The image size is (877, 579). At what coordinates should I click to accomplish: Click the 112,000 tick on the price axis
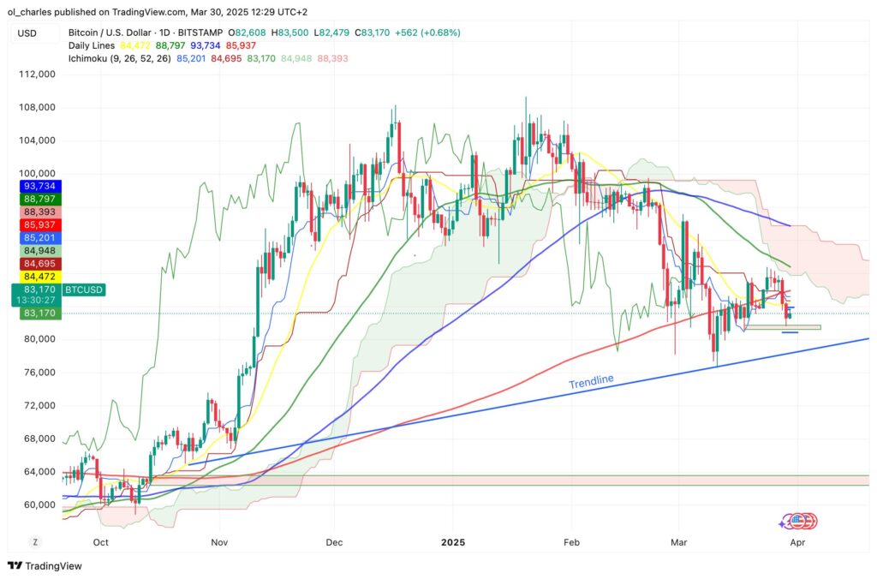click(39, 75)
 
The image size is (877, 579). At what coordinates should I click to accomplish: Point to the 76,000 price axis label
click(39, 373)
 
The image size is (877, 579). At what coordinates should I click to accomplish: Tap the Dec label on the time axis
click(336, 542)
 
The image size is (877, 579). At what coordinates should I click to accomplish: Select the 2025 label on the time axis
click(453, 542)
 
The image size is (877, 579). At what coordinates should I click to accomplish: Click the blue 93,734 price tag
click(39, 186)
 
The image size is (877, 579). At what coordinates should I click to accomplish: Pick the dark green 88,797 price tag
click(39, 199)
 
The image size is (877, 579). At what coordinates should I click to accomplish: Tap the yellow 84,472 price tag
click(39, 276)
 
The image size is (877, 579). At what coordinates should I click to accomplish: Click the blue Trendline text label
click(591, 382)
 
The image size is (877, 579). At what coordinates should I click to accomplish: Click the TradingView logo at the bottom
click(40, 566)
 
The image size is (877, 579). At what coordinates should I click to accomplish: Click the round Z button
click(35, 542)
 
